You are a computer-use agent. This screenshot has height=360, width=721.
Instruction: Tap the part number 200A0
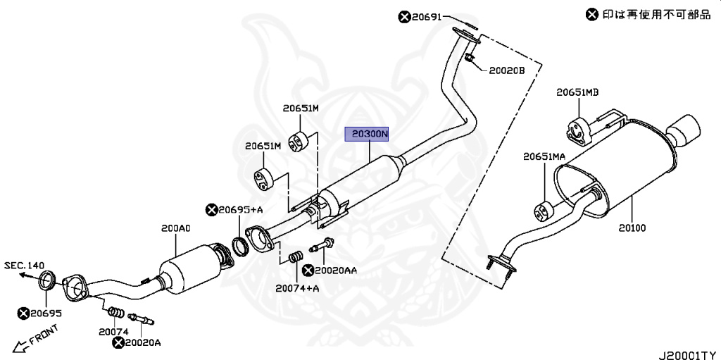click(x=175, y=228)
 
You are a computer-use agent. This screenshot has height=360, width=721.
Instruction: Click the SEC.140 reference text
click(x=25, y=265)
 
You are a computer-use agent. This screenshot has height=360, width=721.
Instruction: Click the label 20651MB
click(x=577, y=92)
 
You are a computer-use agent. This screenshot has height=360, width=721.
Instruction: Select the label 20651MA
click(x=544, y=156)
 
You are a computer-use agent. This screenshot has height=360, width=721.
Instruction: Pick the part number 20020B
click(x=506, y=71)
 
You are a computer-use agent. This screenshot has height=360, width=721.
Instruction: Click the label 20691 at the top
click(x=426, y=18)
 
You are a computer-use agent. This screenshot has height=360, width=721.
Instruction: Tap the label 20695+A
click(x=241, y=211)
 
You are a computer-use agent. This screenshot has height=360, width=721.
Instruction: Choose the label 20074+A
click(x=298, y=289)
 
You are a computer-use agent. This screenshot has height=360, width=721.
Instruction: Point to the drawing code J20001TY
click(x=689, y=355)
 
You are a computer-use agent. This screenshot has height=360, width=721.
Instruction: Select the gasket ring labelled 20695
click(x=47, y=281)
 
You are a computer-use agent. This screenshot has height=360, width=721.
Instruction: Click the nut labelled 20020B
click(x=468, y=58)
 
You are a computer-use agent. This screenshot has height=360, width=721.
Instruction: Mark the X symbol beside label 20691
click(x=404, y=18)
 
